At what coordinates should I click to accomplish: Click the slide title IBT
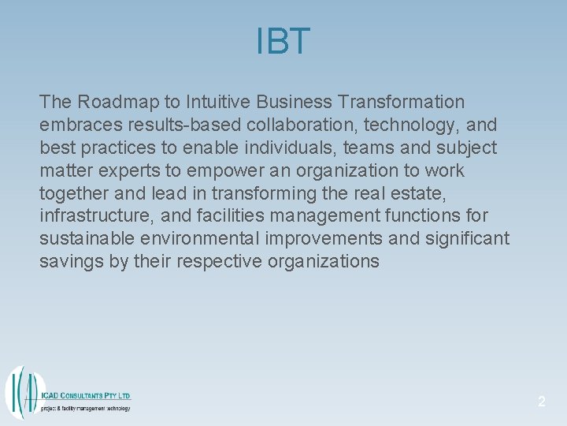pyautogui.click(x=283, y=42)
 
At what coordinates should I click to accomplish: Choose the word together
pyautogui.click(x=72, y=193)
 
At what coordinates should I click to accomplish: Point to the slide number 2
pyautogui.click(x=541, y=402)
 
